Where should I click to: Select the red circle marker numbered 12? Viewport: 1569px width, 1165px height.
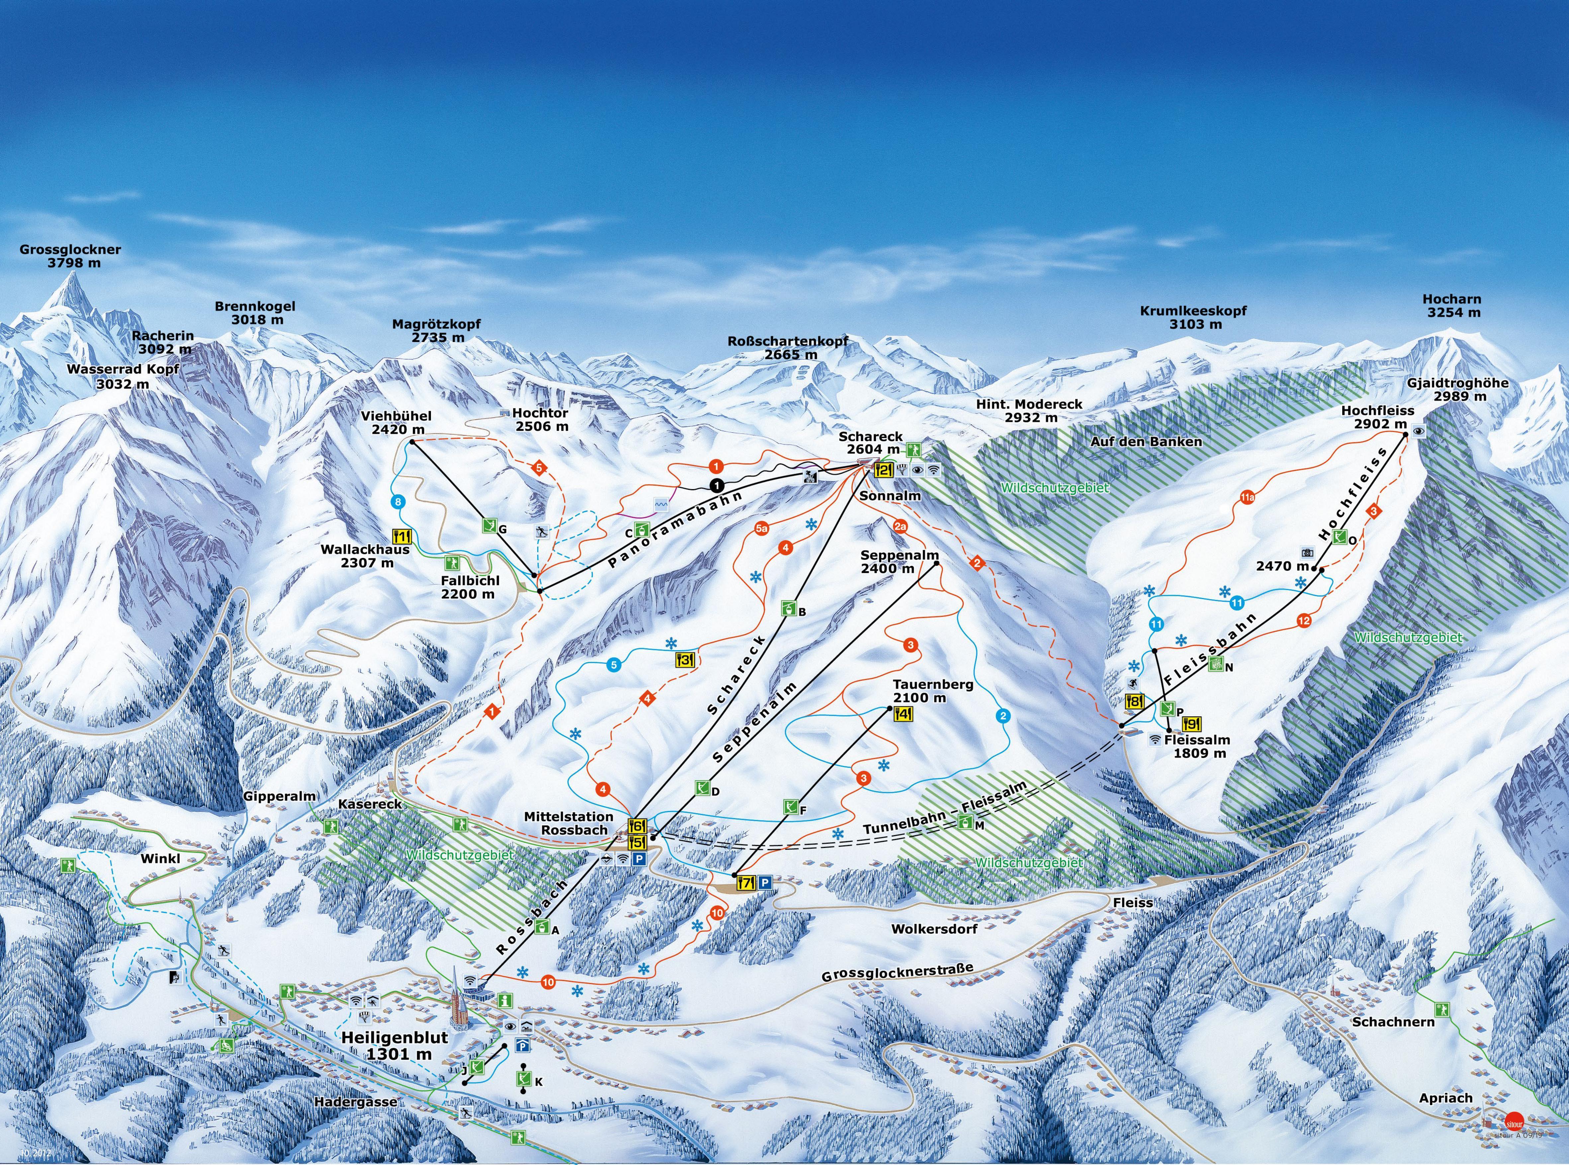tap(1303, 621)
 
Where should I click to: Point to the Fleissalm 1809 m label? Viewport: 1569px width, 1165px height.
tap(1197, 746)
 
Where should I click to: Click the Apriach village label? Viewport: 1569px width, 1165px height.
tap(1445, 1098)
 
